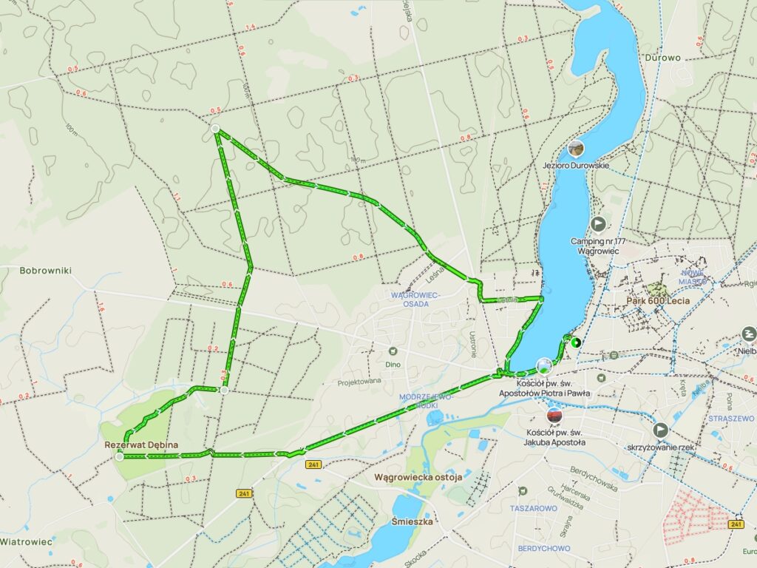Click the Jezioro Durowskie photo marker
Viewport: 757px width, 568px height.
pos(576,149)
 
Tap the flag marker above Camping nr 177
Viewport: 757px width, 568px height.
pos(598,223)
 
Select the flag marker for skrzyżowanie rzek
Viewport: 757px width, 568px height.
pos(660,430)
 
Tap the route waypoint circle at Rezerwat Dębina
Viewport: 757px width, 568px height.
pos(120,457)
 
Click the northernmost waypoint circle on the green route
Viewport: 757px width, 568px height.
pos(215,129)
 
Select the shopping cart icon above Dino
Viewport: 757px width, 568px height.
pos(393,351)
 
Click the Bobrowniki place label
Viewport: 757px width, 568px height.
pos(46,271)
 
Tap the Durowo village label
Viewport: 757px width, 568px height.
pos(662,57)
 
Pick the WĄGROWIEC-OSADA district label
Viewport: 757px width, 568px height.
pos(415,299)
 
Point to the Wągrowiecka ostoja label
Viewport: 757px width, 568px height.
pos(418,477)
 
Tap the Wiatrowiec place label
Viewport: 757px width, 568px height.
pos(27,541)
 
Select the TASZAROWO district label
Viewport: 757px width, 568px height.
pos(533,509)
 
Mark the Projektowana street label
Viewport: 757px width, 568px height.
pos(359,382)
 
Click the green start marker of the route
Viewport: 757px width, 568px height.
pos(574,342)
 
